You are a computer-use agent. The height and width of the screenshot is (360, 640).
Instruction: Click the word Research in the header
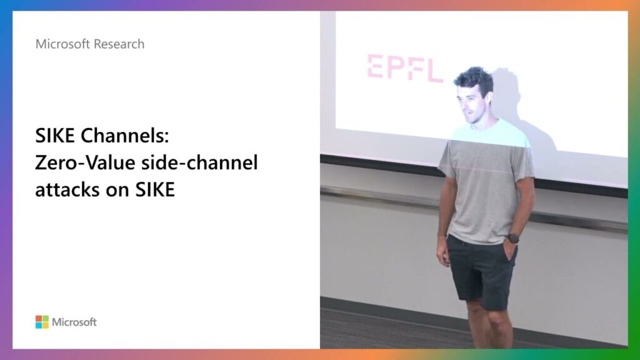click(x=118, y=44)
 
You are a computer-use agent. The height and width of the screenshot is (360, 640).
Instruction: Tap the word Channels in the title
click(x=124, y=136)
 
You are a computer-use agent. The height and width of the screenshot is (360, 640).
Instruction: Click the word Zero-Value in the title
click(x=85, y=162)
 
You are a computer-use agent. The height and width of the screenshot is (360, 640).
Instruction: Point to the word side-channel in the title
click(x=199, y=162)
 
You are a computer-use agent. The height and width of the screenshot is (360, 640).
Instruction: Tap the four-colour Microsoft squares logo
click(x=42, y=322)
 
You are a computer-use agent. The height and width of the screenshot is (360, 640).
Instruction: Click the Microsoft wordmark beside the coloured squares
click(x=74, y=322)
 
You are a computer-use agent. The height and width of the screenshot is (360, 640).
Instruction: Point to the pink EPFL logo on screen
click(x=404, y=68)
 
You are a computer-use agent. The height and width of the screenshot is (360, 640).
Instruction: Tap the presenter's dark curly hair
click(x=474, y=78)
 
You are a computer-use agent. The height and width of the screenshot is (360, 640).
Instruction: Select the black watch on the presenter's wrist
click(x=514, y=238)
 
